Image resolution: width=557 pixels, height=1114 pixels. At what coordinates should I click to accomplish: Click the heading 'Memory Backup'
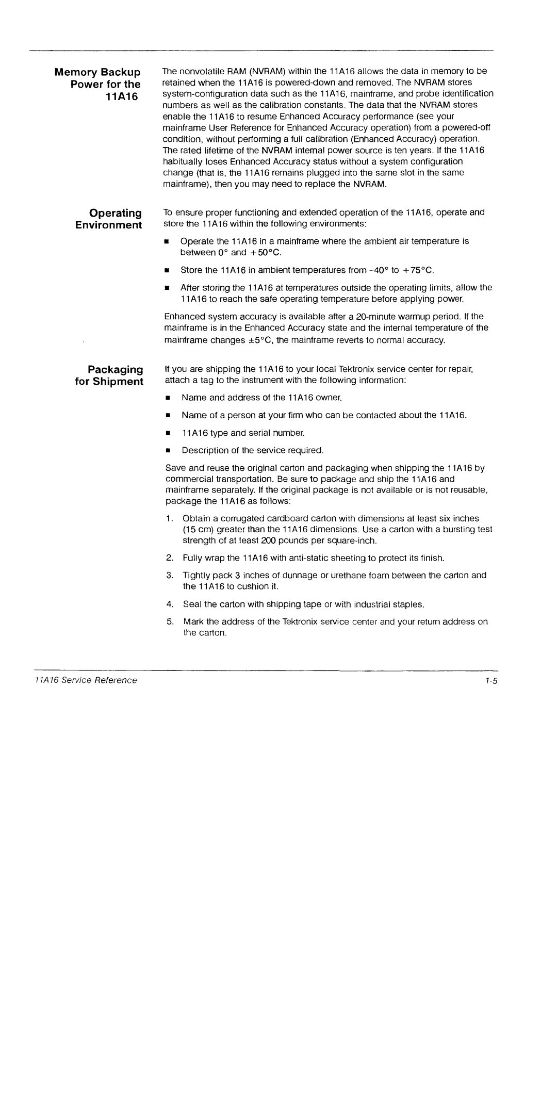(97, 72)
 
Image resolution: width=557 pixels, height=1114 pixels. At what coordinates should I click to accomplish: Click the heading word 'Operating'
(116, 213)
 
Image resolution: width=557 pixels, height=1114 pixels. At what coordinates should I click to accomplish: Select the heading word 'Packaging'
(115, 369)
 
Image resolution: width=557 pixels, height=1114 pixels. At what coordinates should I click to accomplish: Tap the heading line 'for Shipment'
(109, 382)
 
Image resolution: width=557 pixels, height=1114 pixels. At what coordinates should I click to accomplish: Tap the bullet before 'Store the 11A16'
(168, 270)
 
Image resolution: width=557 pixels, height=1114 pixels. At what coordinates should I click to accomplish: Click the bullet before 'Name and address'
(168, 398)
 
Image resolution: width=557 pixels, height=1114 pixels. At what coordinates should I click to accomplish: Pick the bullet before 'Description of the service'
(168, 451)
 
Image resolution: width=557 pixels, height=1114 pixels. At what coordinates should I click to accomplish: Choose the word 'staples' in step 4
(409, 604)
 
